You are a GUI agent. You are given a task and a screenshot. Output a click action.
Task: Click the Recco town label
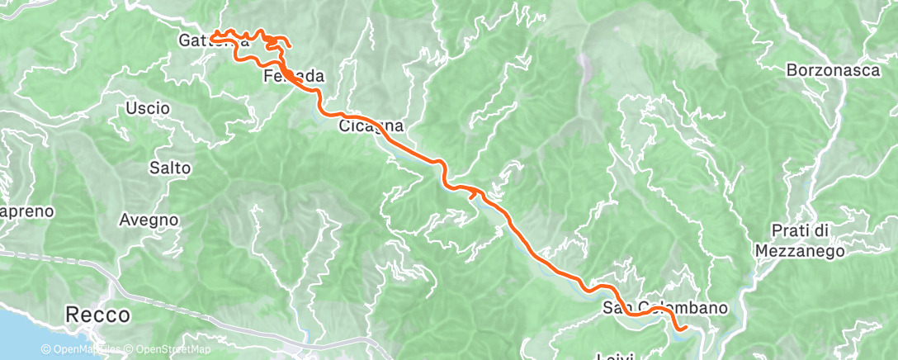[x=98, y=315]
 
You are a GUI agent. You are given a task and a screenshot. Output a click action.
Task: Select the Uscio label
[x=148, y=108]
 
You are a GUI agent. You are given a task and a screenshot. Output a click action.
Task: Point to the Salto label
[x=170, y=168]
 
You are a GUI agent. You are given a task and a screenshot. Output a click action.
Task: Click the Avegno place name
[x=149, y=220]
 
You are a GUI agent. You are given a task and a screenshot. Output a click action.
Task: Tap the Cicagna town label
[x=371, y=127]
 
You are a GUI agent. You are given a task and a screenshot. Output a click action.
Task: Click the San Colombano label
[x=665, y=309]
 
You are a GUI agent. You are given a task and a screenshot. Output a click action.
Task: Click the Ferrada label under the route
[x=293, y=77]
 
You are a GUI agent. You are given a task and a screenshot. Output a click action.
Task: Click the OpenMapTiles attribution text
[x=83, y=349]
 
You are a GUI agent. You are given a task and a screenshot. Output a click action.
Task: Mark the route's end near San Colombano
[x=685, y=329]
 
